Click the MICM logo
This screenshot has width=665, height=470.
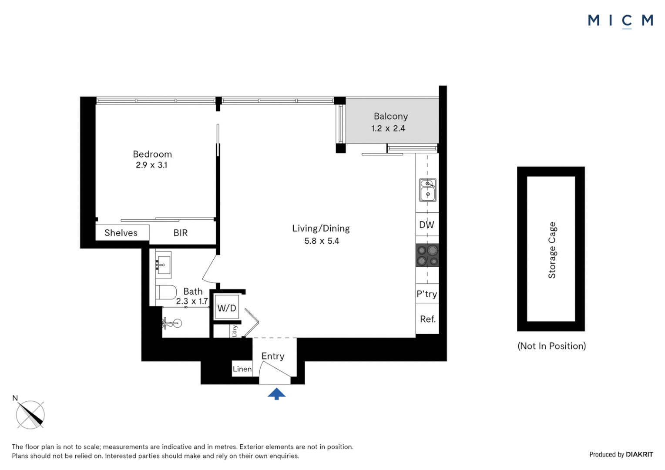[621, 21]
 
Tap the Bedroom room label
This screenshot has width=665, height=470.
[152, 154]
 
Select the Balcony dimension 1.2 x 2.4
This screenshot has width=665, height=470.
[388, 128]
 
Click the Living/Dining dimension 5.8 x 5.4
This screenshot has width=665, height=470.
[322, 241]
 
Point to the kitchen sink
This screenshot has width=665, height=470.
[427, 190]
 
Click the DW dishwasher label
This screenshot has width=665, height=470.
[427, 225]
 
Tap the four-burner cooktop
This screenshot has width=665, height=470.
[427, 255]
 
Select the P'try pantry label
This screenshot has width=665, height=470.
[427, 294]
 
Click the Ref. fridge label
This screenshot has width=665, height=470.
[428, 319]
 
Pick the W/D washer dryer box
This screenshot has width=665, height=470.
[226, 307]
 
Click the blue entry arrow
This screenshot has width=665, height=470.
[276, 394]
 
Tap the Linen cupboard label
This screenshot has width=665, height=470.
[242, 369]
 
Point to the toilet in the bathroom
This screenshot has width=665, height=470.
[166, 292]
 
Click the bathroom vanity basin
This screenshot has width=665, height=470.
[163, 265]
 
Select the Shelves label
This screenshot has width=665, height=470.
[121, 233]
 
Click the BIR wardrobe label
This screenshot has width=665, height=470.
[181, 233]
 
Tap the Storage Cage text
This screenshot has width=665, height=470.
[552, 250]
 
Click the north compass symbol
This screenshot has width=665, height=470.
[30, 413]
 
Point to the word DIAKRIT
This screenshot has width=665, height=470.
[639, 454]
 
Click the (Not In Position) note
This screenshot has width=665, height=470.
[551, 346]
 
